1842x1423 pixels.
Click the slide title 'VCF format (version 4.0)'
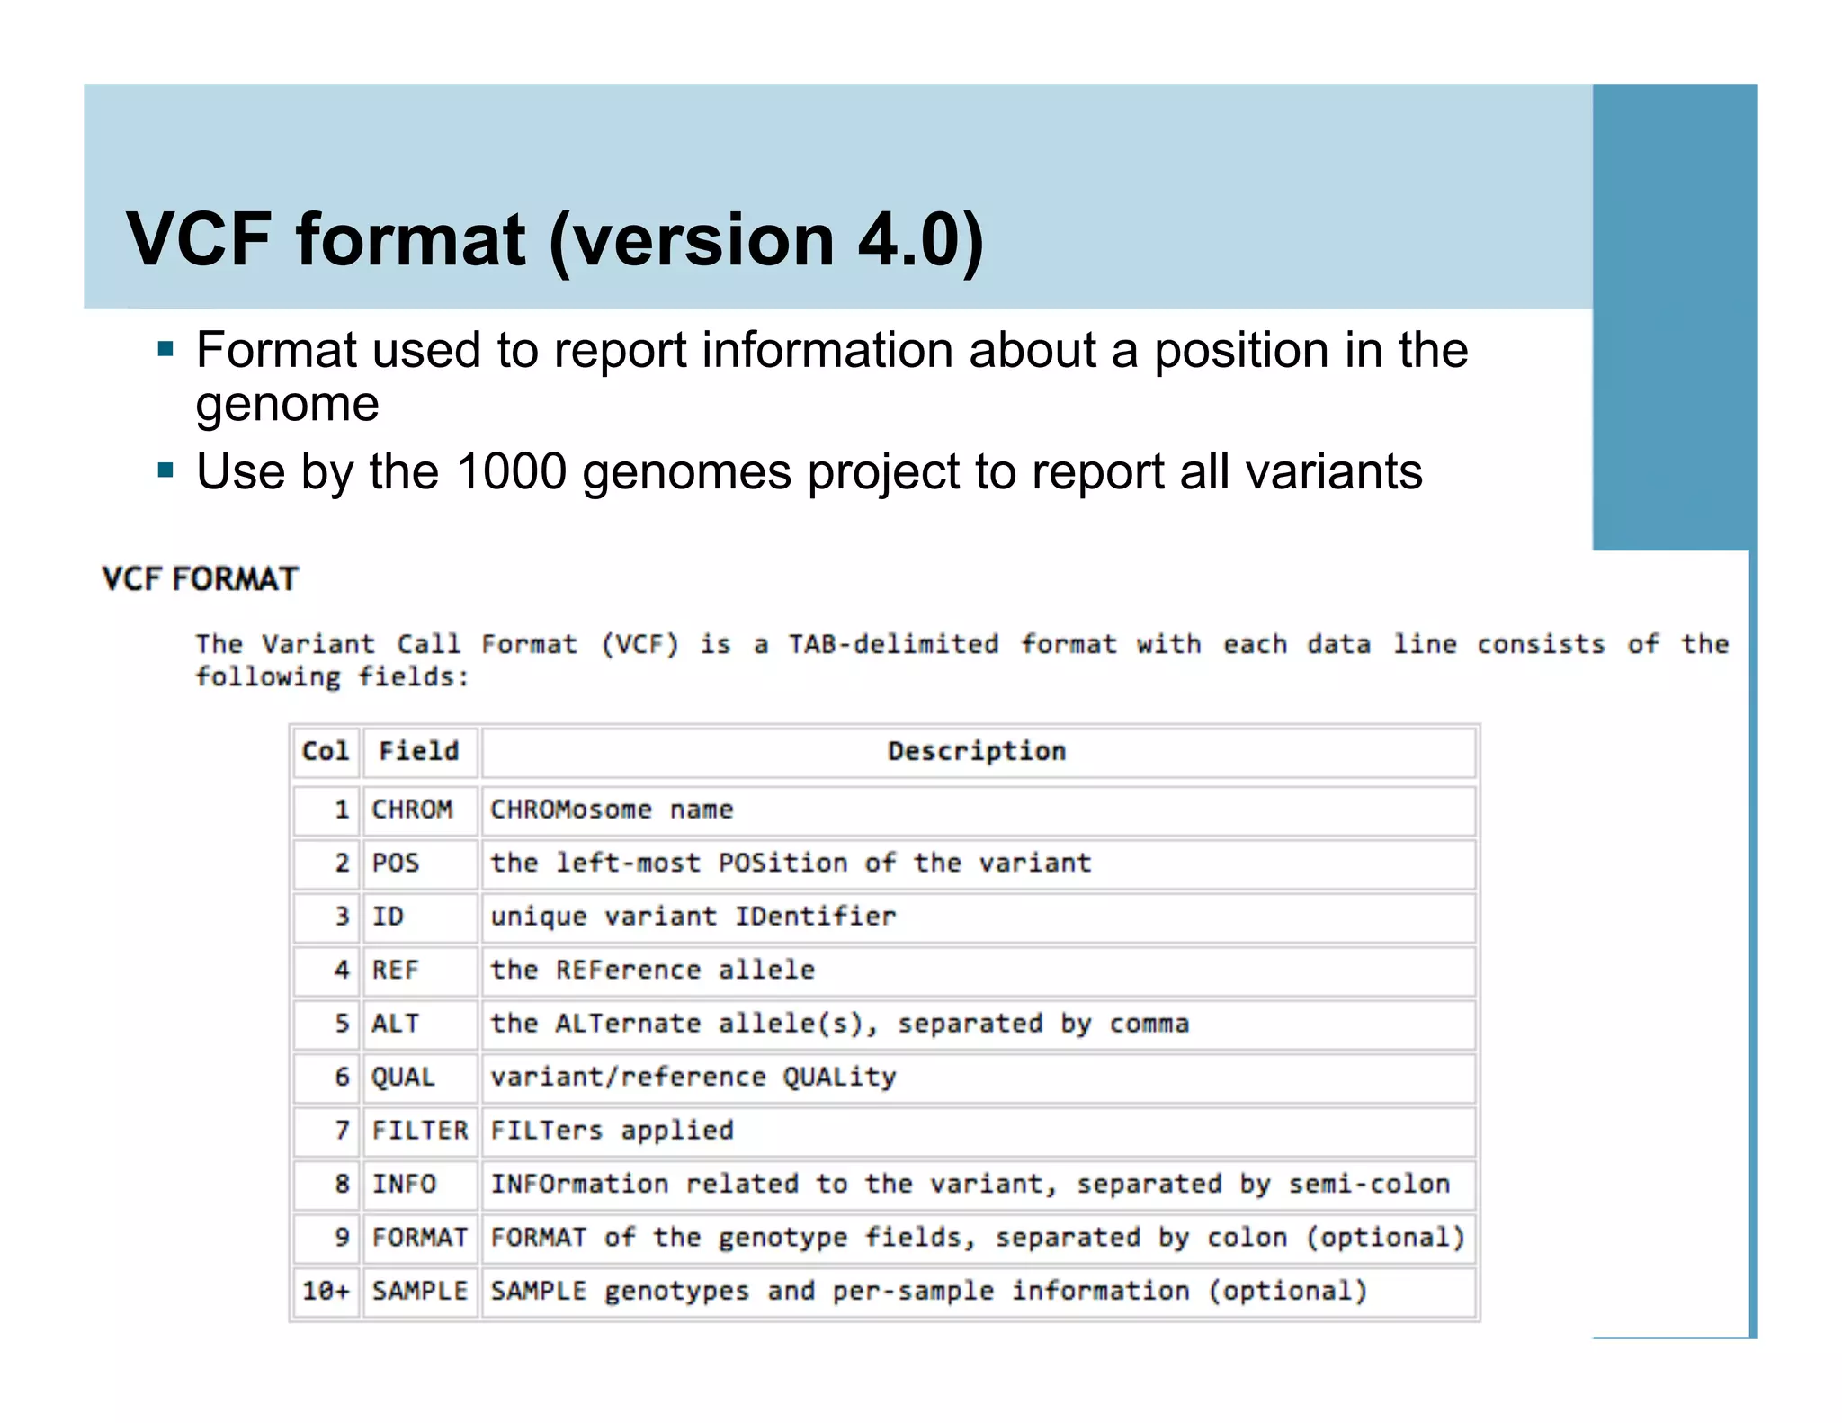click(555, 239)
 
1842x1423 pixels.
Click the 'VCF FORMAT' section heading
click(200, 578)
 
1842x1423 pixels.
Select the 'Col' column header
click(326, 752)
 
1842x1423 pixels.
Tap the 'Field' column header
click(419, 752)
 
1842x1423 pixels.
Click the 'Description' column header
click(977, 752)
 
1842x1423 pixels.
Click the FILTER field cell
click(420, 1131)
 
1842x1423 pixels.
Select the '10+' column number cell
click(326, 1292)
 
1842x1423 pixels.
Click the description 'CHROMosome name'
click(612, 810)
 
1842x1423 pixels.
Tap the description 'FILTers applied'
click(612, 1131)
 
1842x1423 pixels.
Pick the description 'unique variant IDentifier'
click(693, 917)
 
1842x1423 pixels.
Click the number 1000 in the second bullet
click(511, 471)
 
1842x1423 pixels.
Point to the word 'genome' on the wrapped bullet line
click(288, 405)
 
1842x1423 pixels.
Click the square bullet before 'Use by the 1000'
click(165, 470)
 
